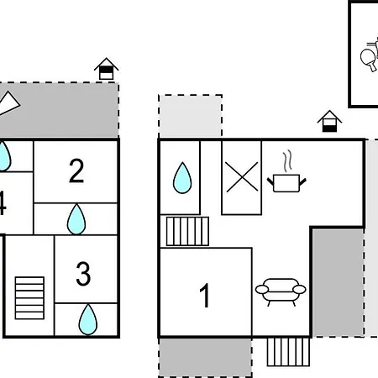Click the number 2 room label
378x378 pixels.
click(76, 171)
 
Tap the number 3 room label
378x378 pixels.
click(83, 274)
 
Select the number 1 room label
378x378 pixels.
click(205, 295)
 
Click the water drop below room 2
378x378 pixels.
click(76, 219)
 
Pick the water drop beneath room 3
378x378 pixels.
click(88, 319)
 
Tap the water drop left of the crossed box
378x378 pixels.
click(182, 178)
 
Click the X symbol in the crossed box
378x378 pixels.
click(242, 177)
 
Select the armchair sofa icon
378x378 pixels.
click(281, 292)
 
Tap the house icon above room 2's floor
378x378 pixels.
click(107, 69)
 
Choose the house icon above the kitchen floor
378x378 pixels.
click(329, 121)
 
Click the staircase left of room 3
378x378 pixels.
click(29, 298)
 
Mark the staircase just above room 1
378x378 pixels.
click(187, 231)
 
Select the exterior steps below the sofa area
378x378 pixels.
click(288, 352)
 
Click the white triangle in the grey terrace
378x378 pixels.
click(8, 103)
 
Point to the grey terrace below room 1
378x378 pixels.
click(205, 358)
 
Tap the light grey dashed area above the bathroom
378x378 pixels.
click(191, 116)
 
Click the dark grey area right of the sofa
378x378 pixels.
click(339, 282)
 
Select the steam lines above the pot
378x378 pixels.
click(287, 161)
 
